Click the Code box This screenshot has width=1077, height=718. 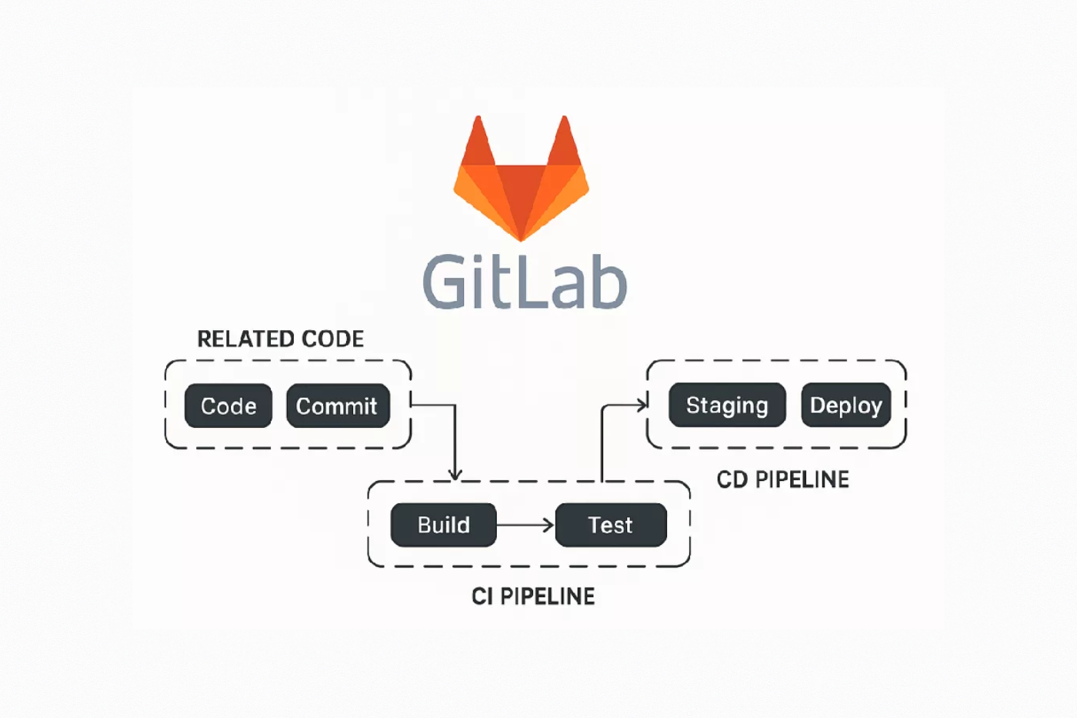(228, 406)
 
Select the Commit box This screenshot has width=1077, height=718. (338, 406)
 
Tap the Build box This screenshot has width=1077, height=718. (443, 525)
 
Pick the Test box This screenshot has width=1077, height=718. (611, 525)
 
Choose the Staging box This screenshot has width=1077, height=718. (727, 405)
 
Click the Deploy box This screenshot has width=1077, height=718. (845, 405)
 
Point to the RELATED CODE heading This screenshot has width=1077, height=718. (280, 339)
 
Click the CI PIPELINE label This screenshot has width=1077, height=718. (533, 596)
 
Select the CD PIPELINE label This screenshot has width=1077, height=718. (782, 479)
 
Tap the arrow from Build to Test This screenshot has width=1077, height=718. (525, 525)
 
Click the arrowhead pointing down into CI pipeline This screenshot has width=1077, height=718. (455, 473)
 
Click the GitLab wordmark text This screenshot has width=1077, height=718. (525, 282)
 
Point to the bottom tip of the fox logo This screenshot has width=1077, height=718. (521, 237)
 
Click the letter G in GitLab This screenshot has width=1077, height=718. (446, 282)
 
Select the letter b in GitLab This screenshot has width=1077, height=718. (605, 282)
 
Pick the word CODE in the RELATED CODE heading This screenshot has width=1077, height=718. (332, 339)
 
